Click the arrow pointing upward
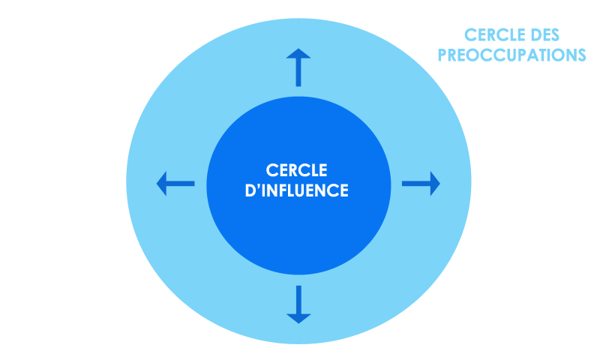[x=298, y=67]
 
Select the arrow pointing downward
[x=298, y=304]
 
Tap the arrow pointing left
[x=175, y=183]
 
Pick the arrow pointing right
[x=421, y=183]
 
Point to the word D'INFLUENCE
[x=298, y=191]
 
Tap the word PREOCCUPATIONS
[x=511, y=55]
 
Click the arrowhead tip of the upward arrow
[x=298, y=50]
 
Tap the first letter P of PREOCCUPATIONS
[x=443, y=55]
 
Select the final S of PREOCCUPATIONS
[x=580, y=55]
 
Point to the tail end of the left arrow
[x=193, y=183]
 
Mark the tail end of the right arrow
[x=404, y=183]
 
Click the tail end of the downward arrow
[x=298, y=287]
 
